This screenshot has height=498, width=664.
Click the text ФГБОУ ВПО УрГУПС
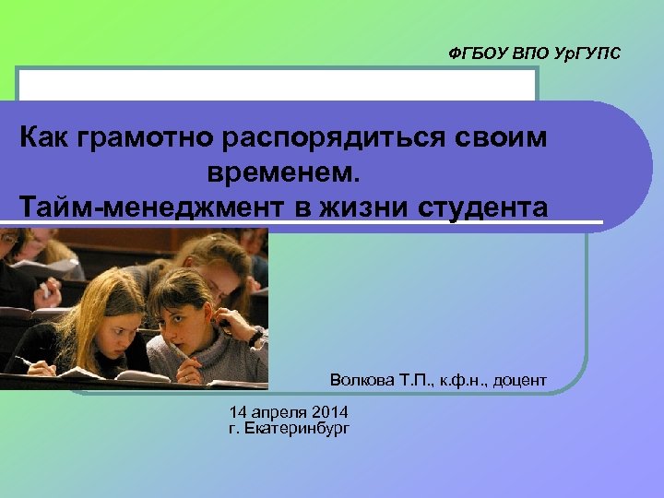[x=535, y=54]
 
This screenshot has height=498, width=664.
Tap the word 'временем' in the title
[x=287, y=172]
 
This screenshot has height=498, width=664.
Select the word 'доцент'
[x=522, y=380]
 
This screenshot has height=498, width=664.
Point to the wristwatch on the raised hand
[x=255, y=336]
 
